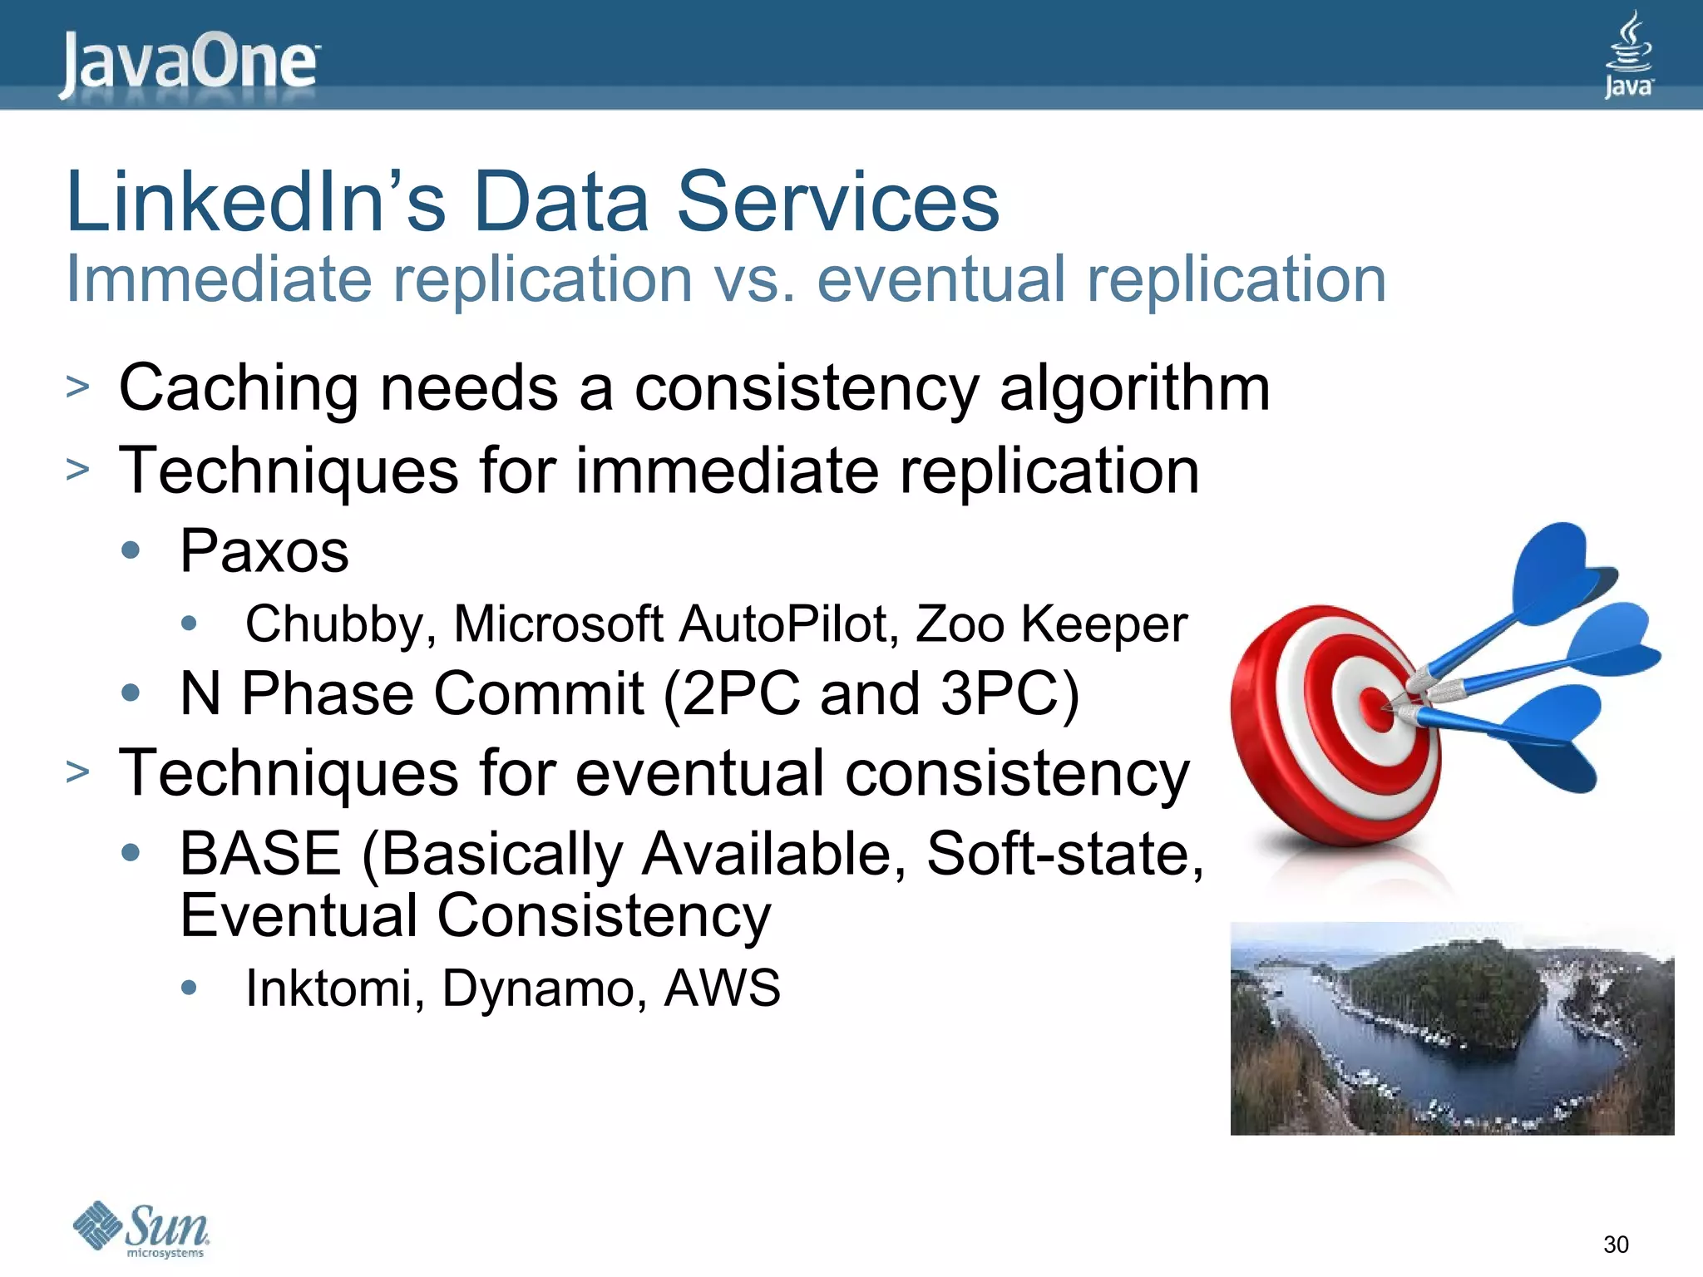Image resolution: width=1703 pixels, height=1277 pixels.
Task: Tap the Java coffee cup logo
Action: tap(1628, 55)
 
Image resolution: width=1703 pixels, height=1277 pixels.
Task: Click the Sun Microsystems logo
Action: tap(142, 1229)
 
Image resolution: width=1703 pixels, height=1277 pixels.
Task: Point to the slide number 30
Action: tap(1616, 1245)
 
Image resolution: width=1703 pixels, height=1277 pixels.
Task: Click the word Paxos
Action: tap(264, 551)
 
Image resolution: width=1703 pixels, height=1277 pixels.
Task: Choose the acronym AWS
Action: tap(722, 988)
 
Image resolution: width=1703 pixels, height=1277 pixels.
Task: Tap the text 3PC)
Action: tap(1009, 693)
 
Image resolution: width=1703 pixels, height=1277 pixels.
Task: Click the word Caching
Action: tap(239, 388)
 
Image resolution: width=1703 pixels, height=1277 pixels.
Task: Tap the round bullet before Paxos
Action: tap(131, 550)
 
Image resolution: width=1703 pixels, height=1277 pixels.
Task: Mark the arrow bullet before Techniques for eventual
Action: tap(77, 772)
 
